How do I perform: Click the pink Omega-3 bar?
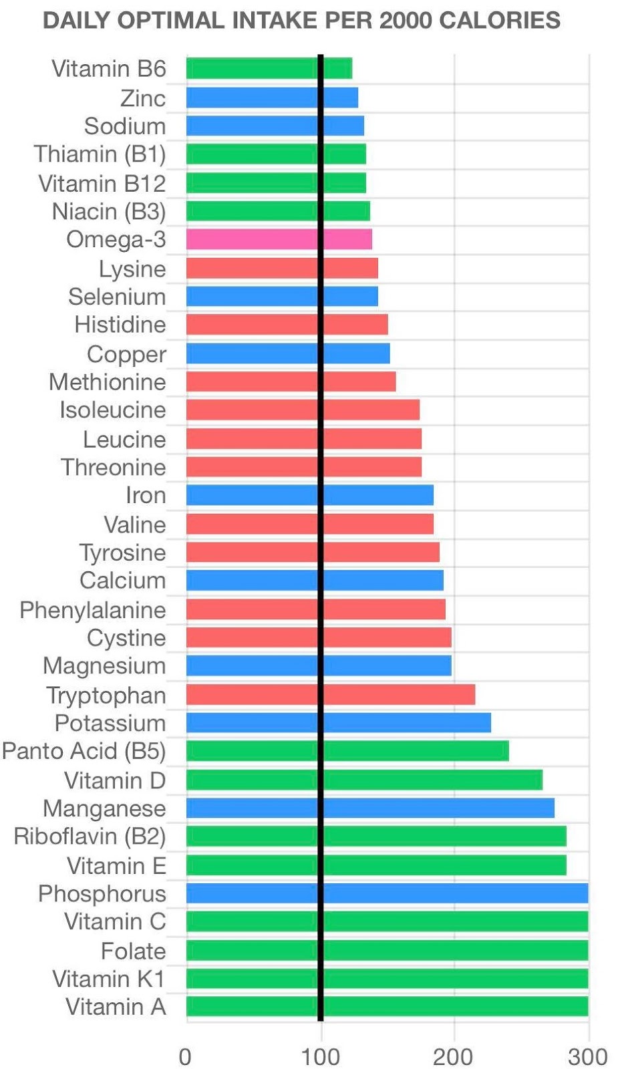pyautogui.click(x=279, y=239)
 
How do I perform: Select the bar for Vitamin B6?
pyautogui.click(x=269, y=69)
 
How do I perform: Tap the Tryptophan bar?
pyautogui.click(x=330, y=694)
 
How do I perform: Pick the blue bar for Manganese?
pyautogui.click(x=369, y=808)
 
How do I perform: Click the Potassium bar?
pyautogui.click(x=338, y=722)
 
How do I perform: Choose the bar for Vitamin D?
pyautogui.click(x=364, y=780)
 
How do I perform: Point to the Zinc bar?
pyautogui.click(x=272, y=98)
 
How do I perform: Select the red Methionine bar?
pyautogui.click(x=291, y=381)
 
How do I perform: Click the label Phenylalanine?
pyautogui.click(x=93, y=609)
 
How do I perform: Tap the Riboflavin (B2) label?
pyautogui.click(x=90, y=836)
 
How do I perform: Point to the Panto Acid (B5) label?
pyautogui.click(x=84, y=750)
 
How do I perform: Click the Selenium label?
pyautogui.click(x=117, y=297)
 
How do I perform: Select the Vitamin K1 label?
pyautogui.click(x=109, y=979)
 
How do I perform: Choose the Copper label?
pyautogui.click(x=126, y=354)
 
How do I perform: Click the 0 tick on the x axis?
pyautogui.click(x=185, y=1056)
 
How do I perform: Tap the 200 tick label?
pyautogui.click(x=453, y=1056)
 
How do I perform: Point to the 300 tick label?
pyautogui.click(x=587, y=1056)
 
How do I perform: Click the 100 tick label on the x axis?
pyautogui.click(x=321, y=1056)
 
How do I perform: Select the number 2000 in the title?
pyautogui.click(x=401, y=21)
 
